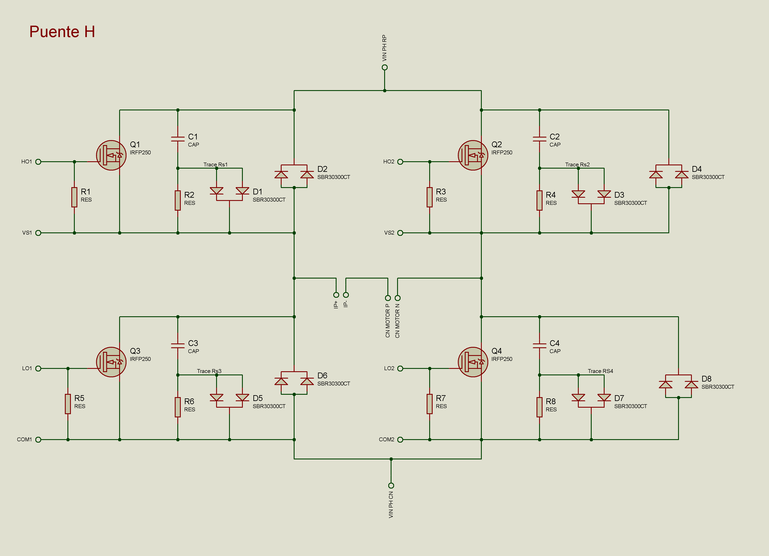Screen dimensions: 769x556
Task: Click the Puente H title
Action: pyautogui.click(x=62, y=31)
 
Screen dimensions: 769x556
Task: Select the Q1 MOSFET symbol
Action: pyautogui.click(x=111, y=155)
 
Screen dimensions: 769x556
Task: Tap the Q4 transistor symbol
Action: pyautogui.click(x=473, y=362)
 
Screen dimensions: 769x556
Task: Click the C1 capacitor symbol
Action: pyautogui.click(x=178, y=139)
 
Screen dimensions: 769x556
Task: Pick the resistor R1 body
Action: pyautogui.click(x=74, y=197)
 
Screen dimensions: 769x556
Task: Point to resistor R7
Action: pyautogui.click(x=430, y=404)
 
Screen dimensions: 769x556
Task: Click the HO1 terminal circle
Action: pyautogui.click(x=38, y=162)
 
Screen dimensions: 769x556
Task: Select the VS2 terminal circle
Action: pyautogui.click(x=400, y=233)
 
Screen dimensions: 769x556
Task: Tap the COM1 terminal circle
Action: pyautogui.click(x=38, y=440)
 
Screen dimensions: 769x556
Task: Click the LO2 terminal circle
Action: pyautogui.click(x=400, y=368)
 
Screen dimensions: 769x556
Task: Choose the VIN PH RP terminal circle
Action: pyautogui.click(x=384, y=67)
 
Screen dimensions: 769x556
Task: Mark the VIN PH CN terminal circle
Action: pyautogui.click(x=391, y=486)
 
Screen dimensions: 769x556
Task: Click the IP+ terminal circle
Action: pyautogui.click(x=336, y=295)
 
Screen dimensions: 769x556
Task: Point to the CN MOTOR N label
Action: pyautogui.click(x=397, y=321)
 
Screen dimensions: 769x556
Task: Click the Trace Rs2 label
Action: pyautogui.click(x=577, y=164)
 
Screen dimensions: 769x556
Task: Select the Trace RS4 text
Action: pyautogui.click(x=601, y=371)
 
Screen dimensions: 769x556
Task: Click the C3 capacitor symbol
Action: pyautogui.click(x=178, y=345)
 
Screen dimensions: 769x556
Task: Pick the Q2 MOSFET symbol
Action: pyautogui.click(x=473, y=155)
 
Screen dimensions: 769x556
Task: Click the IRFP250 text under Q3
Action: pyautogui.click(x=140, y=359)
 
